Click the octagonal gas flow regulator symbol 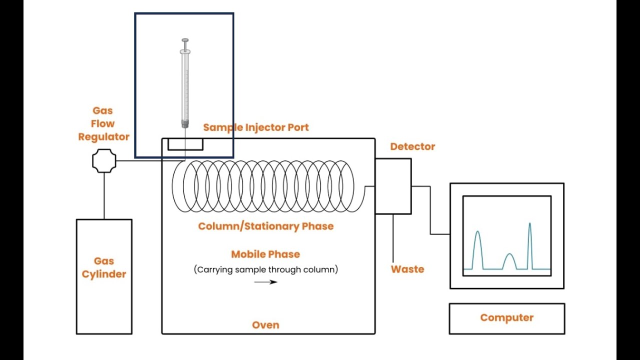pyautogui.click(x=104, y=161)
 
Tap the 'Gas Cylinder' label pyautogui.click(x=104, y=267)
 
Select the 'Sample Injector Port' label pyautogui.click(x=256, y=127)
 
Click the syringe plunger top pyautogui.click(x=185, y=40)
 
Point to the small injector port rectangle pyautogui.click(x=185, y=144)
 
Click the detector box pyautogui.click(x=393, y=186)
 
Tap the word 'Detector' pyautogui.click(x=412, y=146)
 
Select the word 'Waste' pyautogui.click(x=407, y=269)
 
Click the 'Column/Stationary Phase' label pyautogui.click(x=266, y=226)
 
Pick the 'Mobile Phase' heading pyautogui.click(x=265, y=254)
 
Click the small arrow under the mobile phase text pyautogui.click(x=265, y=282)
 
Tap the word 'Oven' pyautogui.click(x=265, y=325)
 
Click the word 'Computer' pyautogui.click(x=507, y=317)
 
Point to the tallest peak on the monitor pyautogui.click(x=530, y=223)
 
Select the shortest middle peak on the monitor pyautogui.click(x=509, y=254)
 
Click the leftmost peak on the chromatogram pyautogui.click(x=477, y=231)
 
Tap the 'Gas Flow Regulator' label pyautogui.click(x=103, y=123)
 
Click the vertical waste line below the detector pyautogui.click(x=393, y=238)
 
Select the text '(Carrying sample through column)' pyautogui.click(x=266, y=269)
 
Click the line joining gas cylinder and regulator pyautogui.click(x=104, y=196)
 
